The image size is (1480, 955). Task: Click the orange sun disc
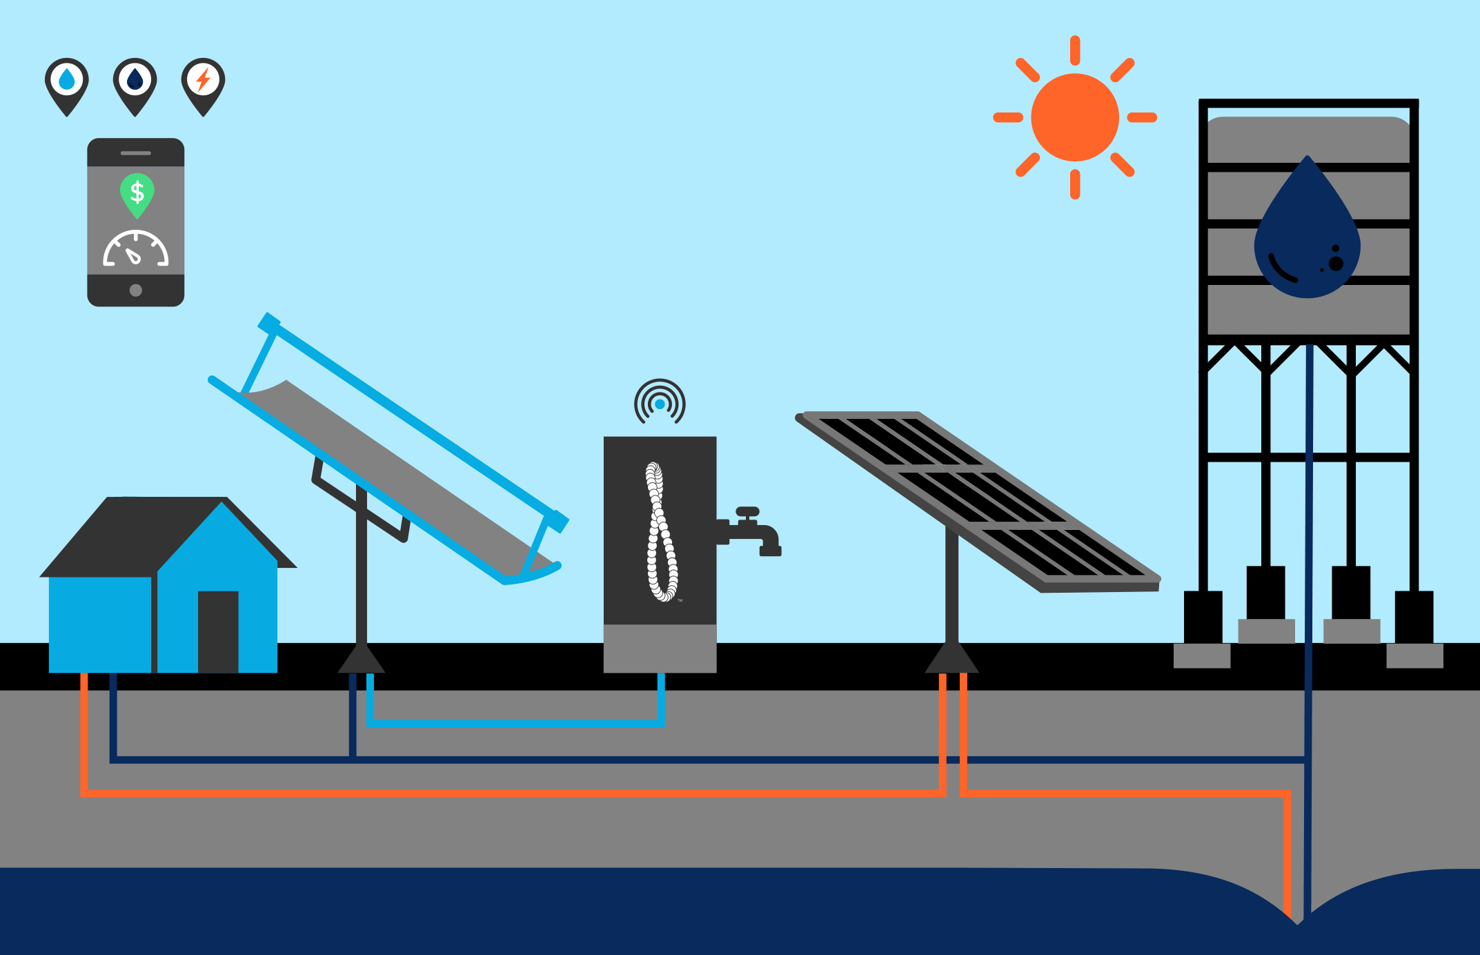[x=1074, y=117]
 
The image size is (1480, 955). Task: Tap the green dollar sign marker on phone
[x=137, y=193]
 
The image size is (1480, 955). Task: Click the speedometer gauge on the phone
[x=136, y=250]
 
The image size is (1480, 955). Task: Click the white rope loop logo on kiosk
[x=660, y=531]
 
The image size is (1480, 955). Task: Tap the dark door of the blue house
[x=218, y=631]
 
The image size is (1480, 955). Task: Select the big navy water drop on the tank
[x=1307, y=235]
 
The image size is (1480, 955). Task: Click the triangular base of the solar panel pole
[x=951, y=659]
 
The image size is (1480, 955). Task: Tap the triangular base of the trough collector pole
[x=361, y=660]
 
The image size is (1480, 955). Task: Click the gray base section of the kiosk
[x=660, y=648]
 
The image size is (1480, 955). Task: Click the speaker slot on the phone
[x=136, y=153]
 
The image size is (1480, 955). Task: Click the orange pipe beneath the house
[x=84, y=731]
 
